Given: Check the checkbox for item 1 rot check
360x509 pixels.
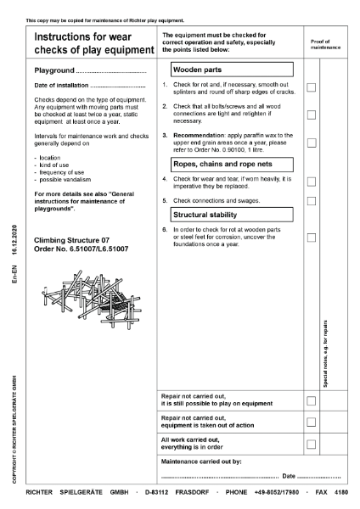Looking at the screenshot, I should (312, 87).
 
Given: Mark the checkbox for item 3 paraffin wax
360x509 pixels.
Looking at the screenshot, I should (312, 142).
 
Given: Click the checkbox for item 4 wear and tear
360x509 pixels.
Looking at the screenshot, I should (312, 182).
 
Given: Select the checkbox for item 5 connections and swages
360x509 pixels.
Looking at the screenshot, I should (312, 201).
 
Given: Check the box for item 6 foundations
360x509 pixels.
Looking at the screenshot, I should (312, 238).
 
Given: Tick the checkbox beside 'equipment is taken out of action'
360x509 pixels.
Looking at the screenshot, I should (312, 422).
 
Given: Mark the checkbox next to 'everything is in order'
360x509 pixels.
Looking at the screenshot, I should (312, 444).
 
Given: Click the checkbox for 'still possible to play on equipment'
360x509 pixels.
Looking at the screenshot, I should (312, 400).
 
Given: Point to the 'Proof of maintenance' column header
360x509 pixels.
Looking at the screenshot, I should (325, 44).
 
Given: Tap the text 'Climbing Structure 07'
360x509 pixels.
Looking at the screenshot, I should (70, 240).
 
